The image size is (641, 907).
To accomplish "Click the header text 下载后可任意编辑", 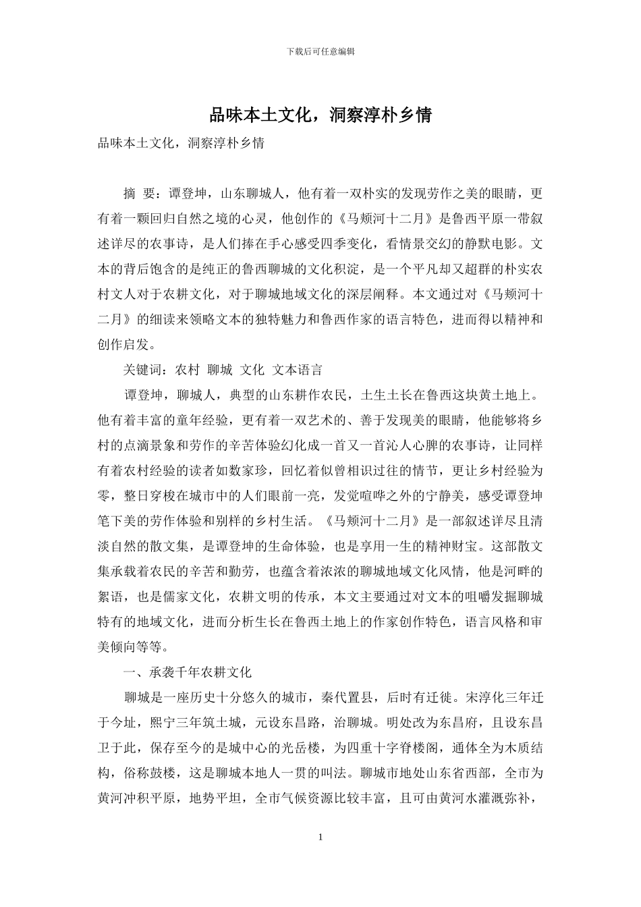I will click(320, 51).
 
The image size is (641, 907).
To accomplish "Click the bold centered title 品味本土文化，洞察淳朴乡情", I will click(320, 115).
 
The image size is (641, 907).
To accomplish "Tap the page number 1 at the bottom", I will click(320, 837).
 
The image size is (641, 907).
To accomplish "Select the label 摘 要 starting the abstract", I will click(140, 194).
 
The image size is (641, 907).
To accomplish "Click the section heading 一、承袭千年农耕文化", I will click(188, 672).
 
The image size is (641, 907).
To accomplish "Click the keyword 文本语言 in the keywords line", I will click(298, 370).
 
